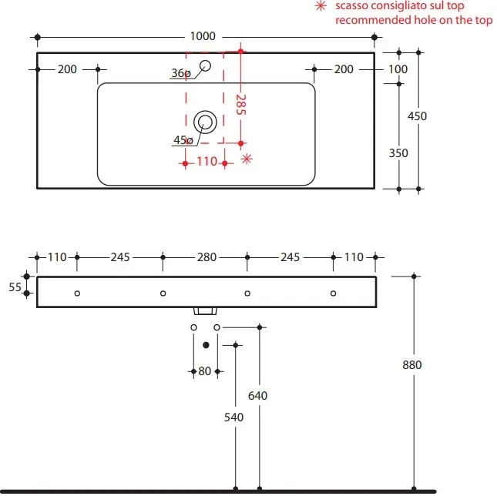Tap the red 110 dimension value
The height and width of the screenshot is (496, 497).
206,162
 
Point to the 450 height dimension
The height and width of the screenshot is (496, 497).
417,116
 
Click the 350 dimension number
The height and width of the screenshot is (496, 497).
398,152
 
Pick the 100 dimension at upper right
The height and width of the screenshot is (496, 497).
398,69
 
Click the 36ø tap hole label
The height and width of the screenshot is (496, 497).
181,73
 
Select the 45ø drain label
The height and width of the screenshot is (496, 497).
183,140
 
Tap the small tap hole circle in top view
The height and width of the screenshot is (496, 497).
206,65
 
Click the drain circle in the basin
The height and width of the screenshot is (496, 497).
205,121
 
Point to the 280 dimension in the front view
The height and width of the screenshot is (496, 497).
204,257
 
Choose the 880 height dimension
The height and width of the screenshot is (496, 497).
413,365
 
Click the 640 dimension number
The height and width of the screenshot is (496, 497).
258,395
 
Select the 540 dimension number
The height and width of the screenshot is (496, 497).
233,417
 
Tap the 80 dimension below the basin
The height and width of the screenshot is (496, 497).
205,371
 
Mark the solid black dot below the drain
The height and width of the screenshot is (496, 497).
205,344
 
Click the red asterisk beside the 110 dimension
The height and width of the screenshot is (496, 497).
247,159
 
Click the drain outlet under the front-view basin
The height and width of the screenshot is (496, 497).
205,311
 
